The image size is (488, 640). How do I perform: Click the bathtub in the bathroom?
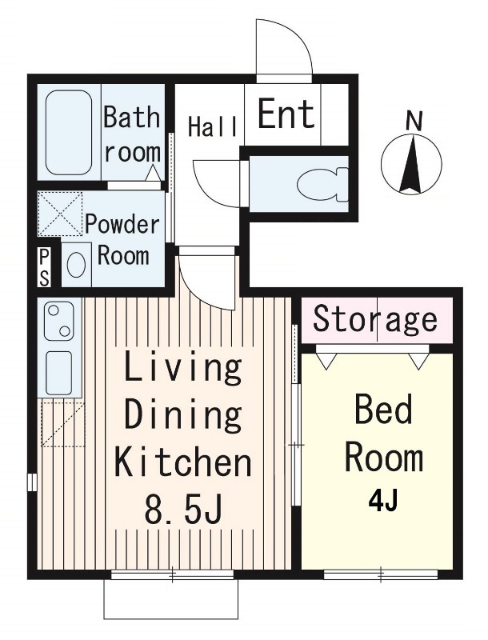coord(69,132)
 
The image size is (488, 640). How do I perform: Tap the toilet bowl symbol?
coord(322,186)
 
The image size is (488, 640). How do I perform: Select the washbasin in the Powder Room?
coord(76,265)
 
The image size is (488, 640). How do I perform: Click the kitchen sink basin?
coord(58,373)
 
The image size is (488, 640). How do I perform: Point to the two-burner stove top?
coord(58,321)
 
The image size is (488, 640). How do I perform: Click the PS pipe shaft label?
coord(44,268)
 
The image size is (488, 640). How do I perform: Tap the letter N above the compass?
coord(414,122)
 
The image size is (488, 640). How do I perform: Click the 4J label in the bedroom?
coord(382,502)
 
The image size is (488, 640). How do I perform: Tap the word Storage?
coord(374,319)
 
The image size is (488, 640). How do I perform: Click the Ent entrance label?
coord(286,114)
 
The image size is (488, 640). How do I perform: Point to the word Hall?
coord(213,126)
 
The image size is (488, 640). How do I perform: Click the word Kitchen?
coord(183,462)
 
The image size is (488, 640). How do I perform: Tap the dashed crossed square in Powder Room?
coord(60,214)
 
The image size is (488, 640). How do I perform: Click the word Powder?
coord(122,225)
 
